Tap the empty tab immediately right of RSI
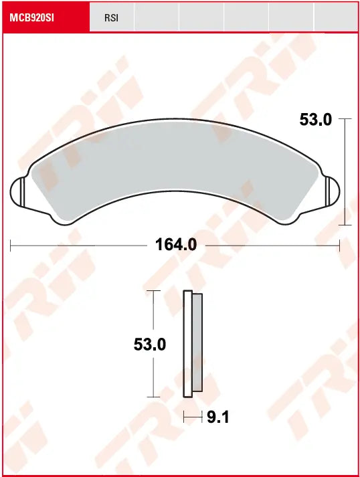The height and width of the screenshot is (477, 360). tap(156, 17)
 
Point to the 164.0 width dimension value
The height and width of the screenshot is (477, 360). tap(176, 245)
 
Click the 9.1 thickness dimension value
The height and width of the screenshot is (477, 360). tap(218, 417)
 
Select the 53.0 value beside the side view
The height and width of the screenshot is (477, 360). tap(150, 345)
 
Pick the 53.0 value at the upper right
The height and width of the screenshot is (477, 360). tap(315, 120)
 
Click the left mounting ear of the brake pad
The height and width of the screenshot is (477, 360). tap(20, 193)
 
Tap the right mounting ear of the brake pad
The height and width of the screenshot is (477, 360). tap(331, 193)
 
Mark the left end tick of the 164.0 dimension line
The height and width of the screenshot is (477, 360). tap(11, 246)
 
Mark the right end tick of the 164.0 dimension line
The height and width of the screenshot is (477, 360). tap(340, 246)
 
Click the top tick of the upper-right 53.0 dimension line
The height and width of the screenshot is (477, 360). tap(345, 118)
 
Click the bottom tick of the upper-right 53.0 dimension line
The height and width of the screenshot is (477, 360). tap(345, 225)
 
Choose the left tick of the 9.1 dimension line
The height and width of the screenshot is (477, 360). tap(185, 417)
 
